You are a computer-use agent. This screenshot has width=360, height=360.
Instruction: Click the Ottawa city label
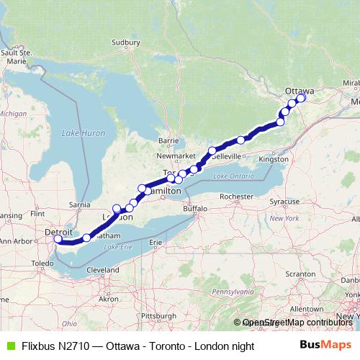point(300,90)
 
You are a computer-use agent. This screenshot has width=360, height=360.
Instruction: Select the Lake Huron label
point(84,133)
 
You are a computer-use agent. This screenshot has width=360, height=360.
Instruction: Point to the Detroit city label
point(58,233)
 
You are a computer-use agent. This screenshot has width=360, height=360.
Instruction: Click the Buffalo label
point(194,209)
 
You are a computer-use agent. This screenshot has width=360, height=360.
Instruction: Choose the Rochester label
point(238,196)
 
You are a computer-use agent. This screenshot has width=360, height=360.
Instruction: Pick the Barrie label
point(168,141)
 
